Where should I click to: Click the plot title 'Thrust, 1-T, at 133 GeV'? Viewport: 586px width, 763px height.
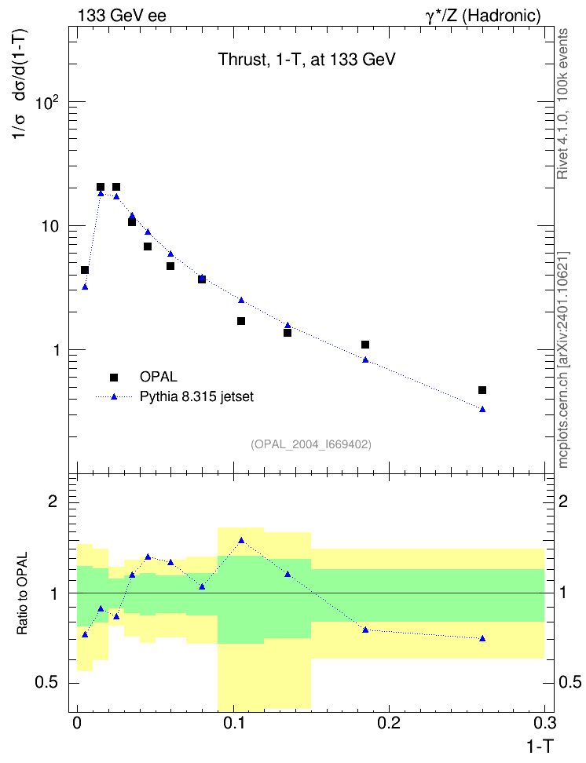point(306,60)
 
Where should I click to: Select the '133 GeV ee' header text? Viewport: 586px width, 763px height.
point(122,16)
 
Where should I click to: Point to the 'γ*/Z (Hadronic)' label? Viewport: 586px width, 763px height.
point(483,16)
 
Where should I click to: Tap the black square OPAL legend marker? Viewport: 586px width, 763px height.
point(114,377)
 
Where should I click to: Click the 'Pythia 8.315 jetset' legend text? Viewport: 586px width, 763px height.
point(197,396)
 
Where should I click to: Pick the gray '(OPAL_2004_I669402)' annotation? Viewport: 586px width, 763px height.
point(311,444)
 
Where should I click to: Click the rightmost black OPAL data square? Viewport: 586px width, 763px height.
point(482,390)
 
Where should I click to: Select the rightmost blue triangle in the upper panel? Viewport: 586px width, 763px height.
point(482,409)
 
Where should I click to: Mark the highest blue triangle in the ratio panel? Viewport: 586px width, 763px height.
point(241,540)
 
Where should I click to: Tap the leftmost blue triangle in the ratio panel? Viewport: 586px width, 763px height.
point(86,634)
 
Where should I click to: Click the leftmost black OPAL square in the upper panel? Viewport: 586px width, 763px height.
point(85,270)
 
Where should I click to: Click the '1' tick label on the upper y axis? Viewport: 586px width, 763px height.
point(55,350)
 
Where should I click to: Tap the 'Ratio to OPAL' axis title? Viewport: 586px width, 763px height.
point(22,593)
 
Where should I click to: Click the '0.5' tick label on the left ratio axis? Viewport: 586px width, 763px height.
point(46,683)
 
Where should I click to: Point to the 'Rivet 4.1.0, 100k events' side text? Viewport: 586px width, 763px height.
point(562,104)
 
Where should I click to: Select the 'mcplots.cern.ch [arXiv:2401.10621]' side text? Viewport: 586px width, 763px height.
point(563,360)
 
